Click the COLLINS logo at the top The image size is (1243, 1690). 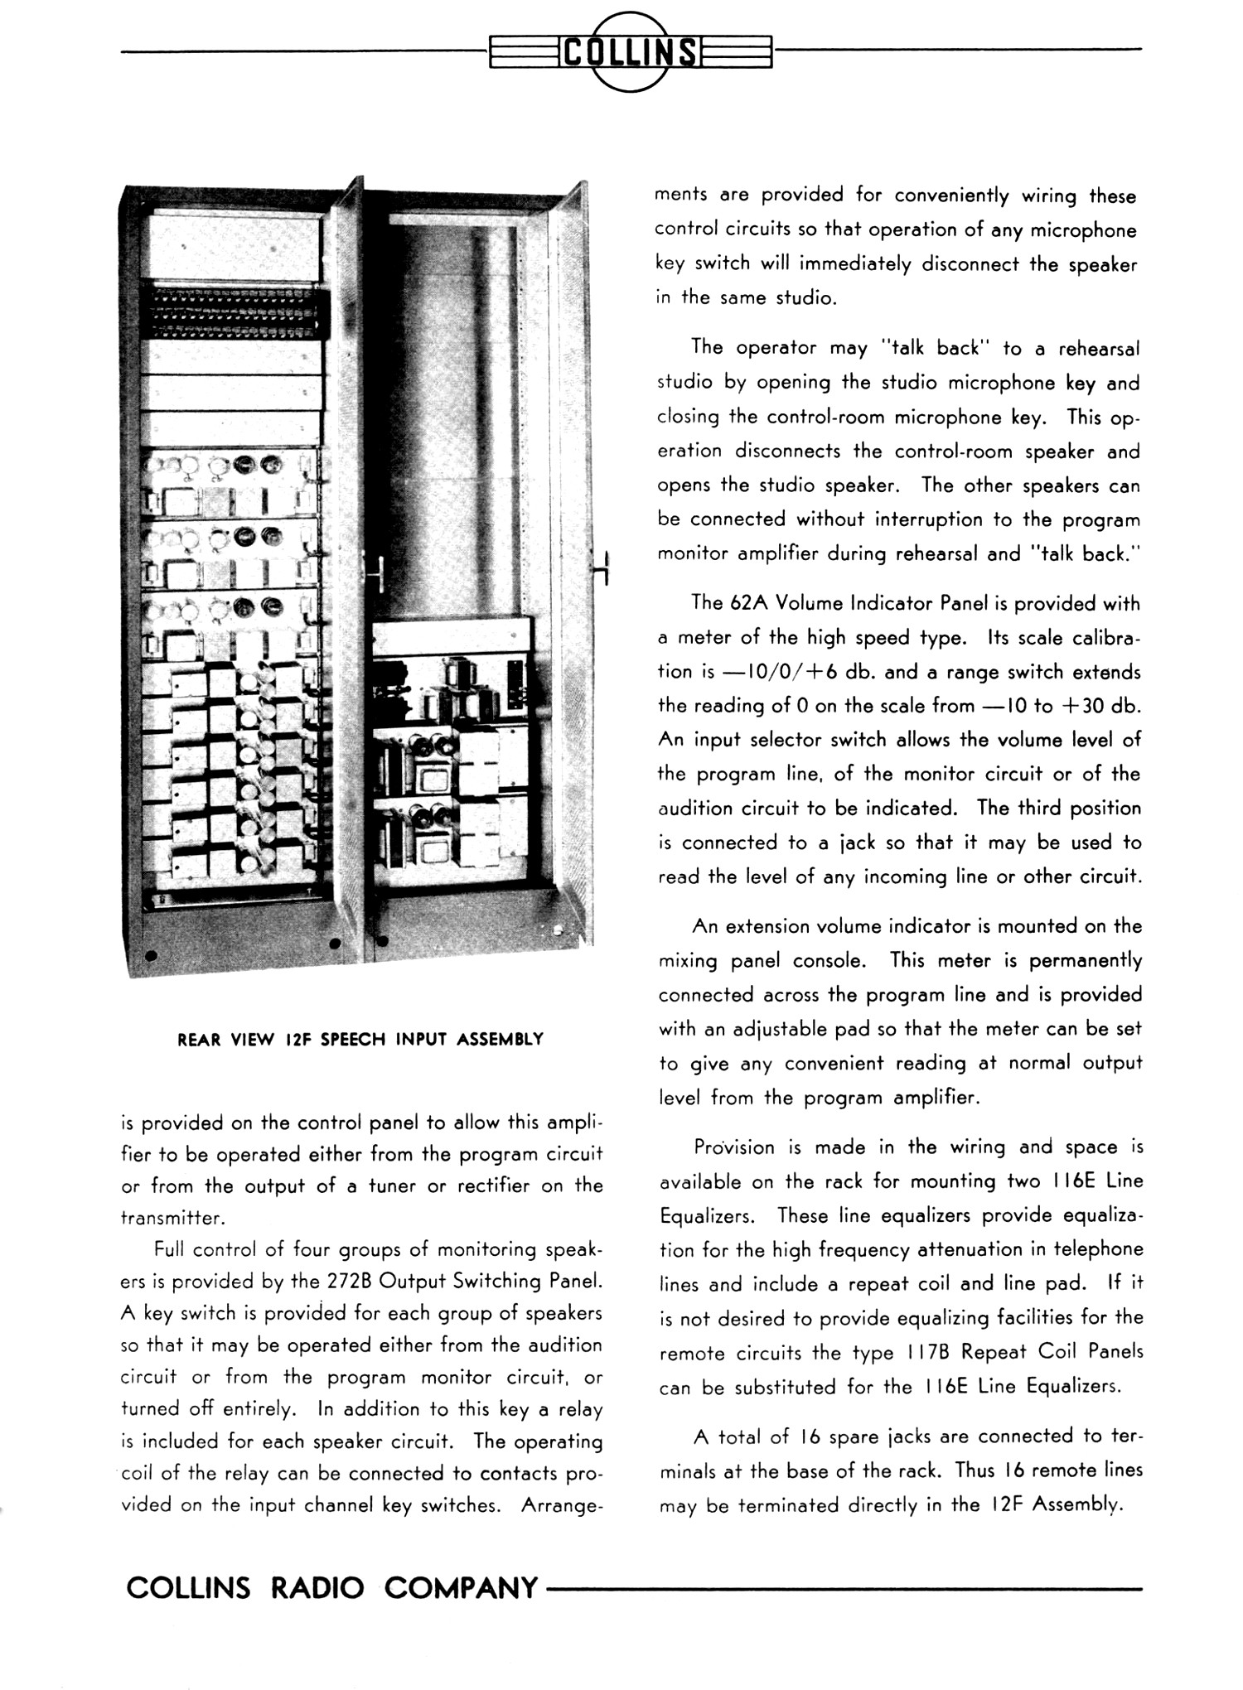pyautogui.click(x=630, y=51)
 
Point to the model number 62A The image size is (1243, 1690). pyautogui.click(x=749, y=603)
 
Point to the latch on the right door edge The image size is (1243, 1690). pyautogui.click(x=604, y=567)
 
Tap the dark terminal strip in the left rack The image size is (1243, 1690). pyautogui.click(x=233, y=316)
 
